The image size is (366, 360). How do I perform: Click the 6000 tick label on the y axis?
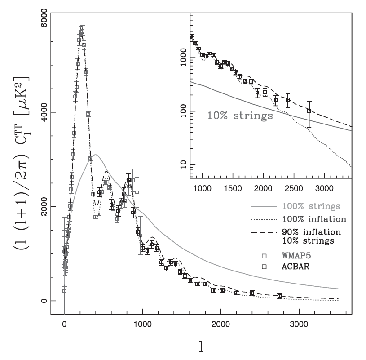pos(44,18)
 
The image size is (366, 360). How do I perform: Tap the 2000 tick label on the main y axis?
pos(44,207)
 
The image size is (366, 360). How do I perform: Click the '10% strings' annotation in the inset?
pos(240,115)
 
